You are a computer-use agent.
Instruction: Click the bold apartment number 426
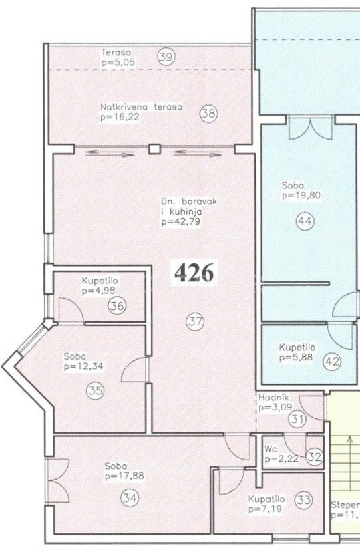[x=194, y=273]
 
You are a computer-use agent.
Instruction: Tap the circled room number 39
[x=166, y=57]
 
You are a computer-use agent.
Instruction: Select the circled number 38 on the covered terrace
[x=208, y=114]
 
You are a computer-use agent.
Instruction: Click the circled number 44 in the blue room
[x=305, y=223]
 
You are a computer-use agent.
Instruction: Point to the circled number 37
[x=194, y=322]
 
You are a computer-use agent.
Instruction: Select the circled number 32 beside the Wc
[x=315, y=458]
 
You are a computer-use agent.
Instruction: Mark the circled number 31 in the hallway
[x=297, y=420]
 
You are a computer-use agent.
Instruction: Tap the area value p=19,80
[x=303, y=196]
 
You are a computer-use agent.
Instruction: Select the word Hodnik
[x=272, y=396]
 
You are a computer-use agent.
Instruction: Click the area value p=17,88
[x=124, y=476]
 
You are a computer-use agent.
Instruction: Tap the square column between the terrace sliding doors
[x=154, y=149]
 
